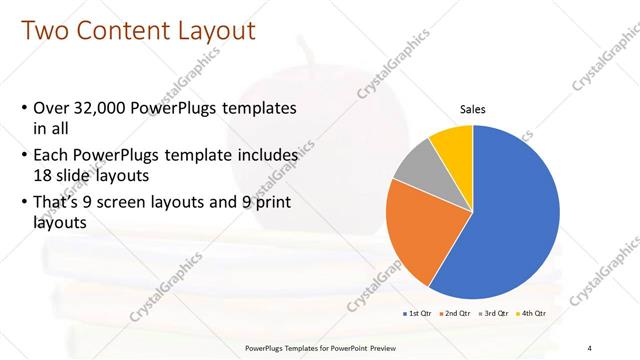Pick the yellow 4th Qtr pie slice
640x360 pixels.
(453, 142)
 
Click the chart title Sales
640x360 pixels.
(473, 109)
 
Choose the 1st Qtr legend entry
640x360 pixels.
(418, 314)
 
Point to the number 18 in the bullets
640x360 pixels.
(44, 174)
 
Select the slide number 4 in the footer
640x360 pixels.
(590, 348)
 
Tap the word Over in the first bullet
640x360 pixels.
(52, 108)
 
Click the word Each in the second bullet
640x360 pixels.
(52, 156)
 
